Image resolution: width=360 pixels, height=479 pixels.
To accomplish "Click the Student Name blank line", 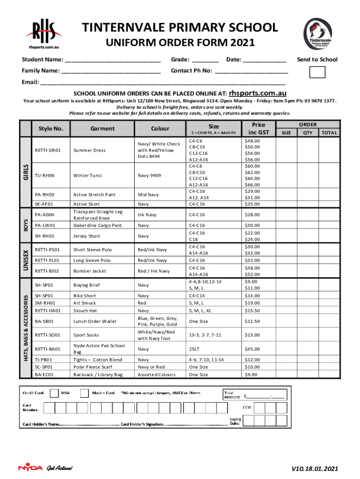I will click(113, 60).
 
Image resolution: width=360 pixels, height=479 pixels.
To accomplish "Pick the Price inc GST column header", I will click(258, 128).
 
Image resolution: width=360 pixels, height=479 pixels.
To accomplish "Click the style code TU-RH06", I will click(44, 175).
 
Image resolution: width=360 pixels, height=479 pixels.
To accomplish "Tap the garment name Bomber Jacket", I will click(90, 271).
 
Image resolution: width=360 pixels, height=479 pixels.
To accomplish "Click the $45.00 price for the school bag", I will click(252, 348).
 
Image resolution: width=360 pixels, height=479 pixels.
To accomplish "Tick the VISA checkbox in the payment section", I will click(54, 393).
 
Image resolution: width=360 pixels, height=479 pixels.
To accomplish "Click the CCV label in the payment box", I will click(247, 407).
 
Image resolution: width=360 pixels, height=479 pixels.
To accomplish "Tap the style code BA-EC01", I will click(44, 375).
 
